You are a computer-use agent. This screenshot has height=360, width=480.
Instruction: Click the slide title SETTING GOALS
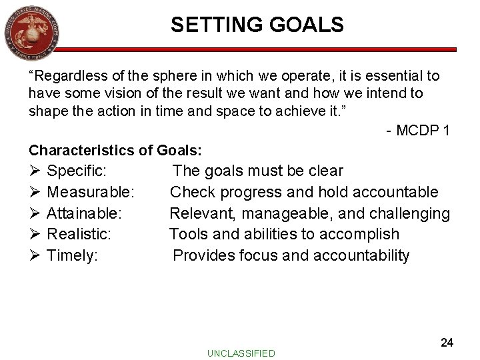[257, 25]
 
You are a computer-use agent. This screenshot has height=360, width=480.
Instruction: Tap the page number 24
[447, 342]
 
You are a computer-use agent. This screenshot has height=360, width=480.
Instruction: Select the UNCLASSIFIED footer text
[241, 353]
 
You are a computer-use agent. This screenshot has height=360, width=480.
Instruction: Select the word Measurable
[92, 193]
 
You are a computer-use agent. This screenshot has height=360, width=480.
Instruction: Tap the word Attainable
[85, 213]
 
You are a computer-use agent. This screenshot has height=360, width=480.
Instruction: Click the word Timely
[73, 255]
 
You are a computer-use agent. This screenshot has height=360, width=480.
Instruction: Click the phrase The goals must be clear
[258, 171]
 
